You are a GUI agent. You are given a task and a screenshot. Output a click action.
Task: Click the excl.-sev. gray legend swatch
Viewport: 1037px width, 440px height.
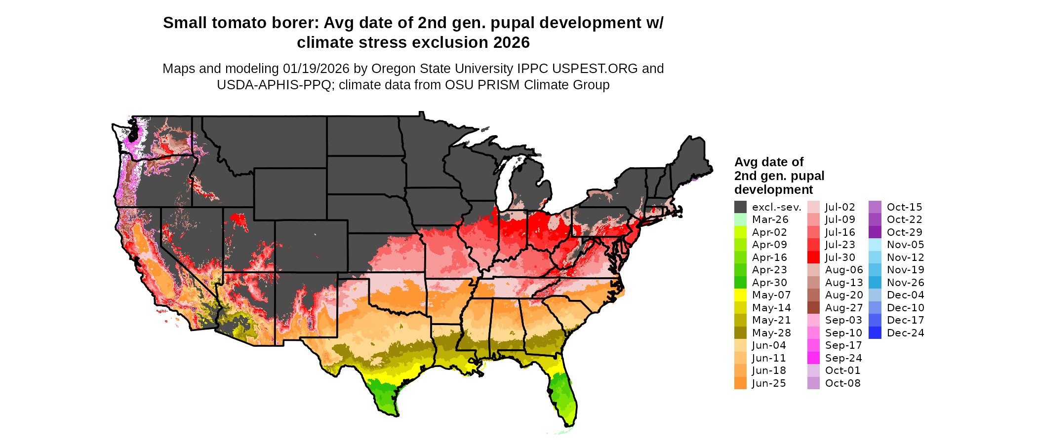tap(740, 207)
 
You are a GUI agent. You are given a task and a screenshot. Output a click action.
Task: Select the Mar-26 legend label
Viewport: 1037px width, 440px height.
tap(770, 220)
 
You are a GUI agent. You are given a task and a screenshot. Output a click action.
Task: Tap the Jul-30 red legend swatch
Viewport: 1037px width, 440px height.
tap(813, 257)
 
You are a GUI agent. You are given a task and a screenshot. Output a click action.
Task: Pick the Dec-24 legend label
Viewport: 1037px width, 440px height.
tap(905, 333)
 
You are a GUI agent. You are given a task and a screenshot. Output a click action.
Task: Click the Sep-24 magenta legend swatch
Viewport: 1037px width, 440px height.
tap(813, 358)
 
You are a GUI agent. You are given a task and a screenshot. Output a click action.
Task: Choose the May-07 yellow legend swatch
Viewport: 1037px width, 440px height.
tap(740, 295)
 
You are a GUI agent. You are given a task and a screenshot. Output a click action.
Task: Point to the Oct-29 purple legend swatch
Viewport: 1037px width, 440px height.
tap(875, 232)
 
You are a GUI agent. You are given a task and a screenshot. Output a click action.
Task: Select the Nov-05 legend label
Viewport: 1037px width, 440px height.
tap(905, 245)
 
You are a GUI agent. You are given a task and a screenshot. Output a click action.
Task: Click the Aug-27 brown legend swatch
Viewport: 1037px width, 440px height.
tap(813, 308)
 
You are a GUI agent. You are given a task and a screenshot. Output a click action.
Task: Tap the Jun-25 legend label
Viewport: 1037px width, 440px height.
tap(768, 383)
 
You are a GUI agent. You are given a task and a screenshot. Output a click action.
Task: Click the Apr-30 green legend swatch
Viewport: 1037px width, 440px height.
tap(740, 283)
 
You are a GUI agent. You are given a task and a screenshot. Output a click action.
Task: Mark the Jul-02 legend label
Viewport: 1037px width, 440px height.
tap(839, 207)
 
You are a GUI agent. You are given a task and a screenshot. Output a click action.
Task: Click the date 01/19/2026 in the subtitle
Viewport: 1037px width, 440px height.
tap(316, 69)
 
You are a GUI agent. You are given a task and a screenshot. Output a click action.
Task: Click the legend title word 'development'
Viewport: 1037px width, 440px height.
tap(773, 190)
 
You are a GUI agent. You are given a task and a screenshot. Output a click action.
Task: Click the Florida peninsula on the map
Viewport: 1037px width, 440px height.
tap(563, 395)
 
